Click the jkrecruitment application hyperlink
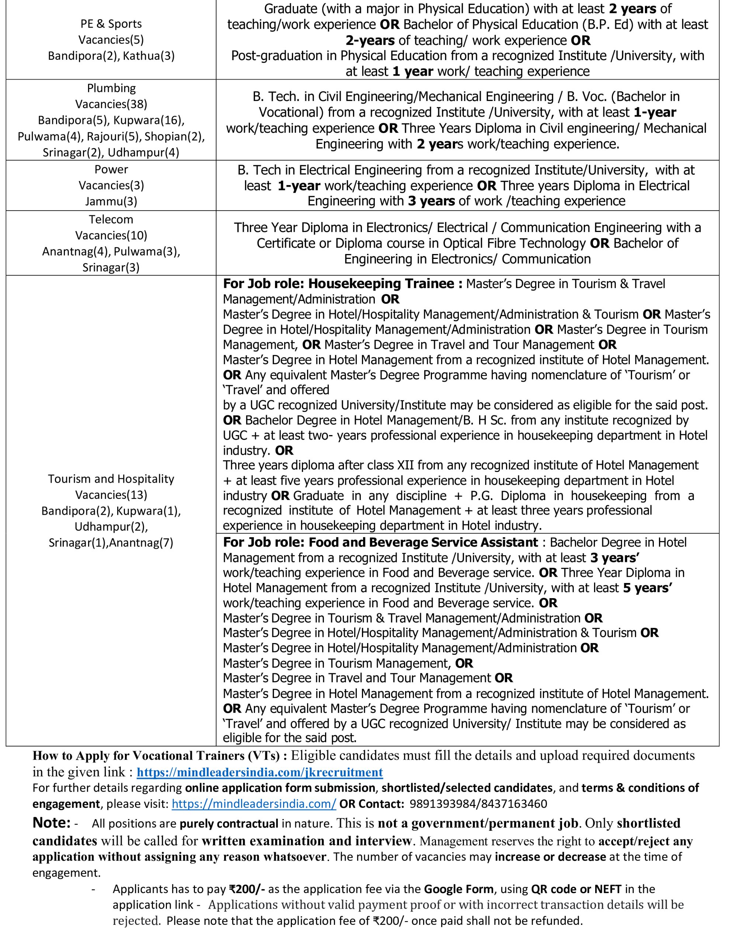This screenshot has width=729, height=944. [x=260, y=773]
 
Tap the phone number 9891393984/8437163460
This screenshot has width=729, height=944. [x=478, y=804]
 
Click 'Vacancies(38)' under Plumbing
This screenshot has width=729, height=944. [x=111, y=104]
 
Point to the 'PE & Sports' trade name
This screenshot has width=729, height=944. [x=111, y=24]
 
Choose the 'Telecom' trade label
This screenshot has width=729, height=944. [x=111, y=219]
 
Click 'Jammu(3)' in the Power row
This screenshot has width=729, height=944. [x=111, y=201]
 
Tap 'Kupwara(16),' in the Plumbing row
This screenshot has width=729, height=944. [x=149, y=120]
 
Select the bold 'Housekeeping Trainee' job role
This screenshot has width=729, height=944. [x=381, y=284]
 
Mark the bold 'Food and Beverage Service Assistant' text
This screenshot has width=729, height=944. [x=423, y=542]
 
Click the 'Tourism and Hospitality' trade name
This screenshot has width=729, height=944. [x=111, y=479]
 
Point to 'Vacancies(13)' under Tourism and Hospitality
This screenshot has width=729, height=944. [x=111, y=495]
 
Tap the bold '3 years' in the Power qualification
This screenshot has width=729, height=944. [x=431, y=201]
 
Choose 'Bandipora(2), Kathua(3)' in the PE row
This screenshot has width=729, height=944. [x=111, y=56]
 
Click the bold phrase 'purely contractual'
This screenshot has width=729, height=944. [x=229, y=824]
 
